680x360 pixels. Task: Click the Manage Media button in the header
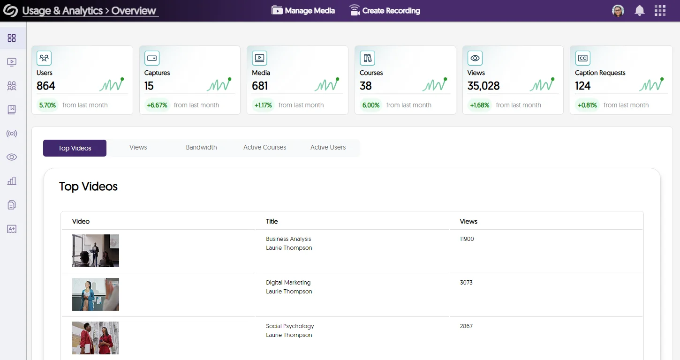(303, 10)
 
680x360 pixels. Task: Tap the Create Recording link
(385, 10)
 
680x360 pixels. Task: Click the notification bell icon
(639, 11)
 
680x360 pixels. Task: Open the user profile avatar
(618, 11)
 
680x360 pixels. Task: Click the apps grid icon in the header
(660, 11)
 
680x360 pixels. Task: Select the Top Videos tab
(75, 148)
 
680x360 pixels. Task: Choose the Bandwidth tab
(201, 147)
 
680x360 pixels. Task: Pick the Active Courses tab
(264, 147)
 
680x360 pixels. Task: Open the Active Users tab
(328, 147)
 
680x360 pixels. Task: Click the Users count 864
(46, 86)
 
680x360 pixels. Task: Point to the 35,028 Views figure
(484, 86)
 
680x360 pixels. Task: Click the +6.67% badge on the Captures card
(157, 105)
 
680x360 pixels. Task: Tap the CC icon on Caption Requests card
(582, 58)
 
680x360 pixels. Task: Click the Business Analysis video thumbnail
(96, 251)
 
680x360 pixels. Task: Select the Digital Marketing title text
(288, 283)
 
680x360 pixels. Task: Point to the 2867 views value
(466, 326)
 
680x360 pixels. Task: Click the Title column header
(272, 221)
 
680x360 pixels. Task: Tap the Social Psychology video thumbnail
(96, 338)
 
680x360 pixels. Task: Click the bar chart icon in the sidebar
(12, 181)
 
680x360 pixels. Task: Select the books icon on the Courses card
(367, 58)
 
